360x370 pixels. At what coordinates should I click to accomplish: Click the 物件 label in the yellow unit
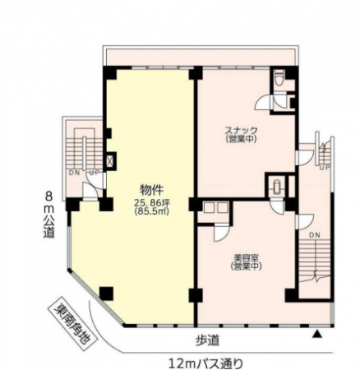point(151,190)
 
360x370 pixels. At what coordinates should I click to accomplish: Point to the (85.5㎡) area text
point(152,211)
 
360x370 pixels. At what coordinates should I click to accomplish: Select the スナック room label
point(241,130)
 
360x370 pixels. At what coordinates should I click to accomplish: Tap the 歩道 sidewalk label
point(208,340)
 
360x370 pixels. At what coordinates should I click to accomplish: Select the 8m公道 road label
point(49,215)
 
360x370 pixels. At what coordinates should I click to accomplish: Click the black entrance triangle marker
point(317,334)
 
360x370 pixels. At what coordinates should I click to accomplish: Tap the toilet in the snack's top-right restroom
point(279,78)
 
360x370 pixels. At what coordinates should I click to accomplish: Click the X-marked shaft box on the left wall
point(111,161)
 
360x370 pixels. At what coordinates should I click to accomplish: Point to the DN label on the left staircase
point(74,173)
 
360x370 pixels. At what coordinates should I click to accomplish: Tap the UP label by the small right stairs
point(325,168)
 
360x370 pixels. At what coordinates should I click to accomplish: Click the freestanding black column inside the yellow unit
point(106,294)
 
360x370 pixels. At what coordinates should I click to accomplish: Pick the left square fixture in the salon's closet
point(209,207)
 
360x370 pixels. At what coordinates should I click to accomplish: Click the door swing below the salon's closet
point(221,233)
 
